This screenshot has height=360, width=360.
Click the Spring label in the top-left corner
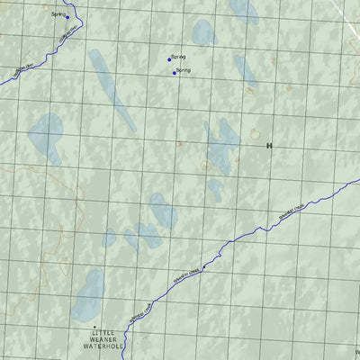pos(58,14)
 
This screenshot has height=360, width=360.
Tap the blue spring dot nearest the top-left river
pos(67,17)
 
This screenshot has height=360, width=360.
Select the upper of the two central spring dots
pos(168,60)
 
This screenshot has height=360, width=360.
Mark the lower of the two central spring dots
pos(174,73)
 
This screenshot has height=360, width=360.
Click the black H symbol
pos(268,144)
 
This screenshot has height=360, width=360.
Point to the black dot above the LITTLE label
pos(94,327)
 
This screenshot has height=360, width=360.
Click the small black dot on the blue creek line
pos(204,267)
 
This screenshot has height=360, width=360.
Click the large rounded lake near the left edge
pos(44,134)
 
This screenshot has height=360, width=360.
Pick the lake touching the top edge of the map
pos(243,9)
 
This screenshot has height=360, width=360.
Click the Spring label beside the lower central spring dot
pos(184,69)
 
